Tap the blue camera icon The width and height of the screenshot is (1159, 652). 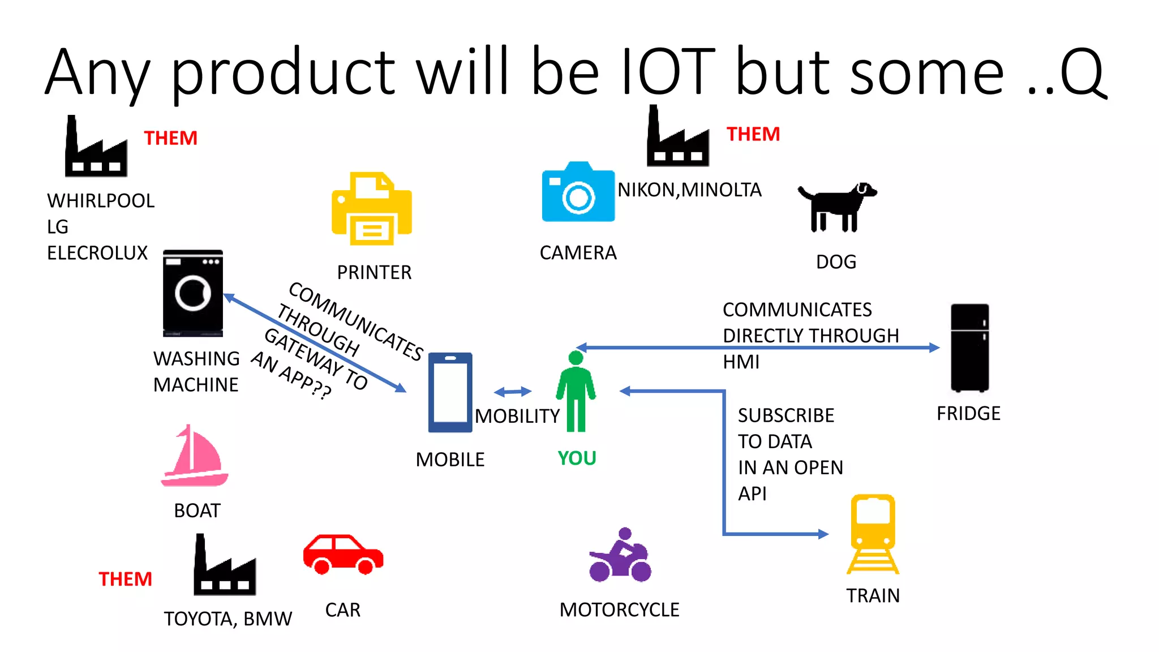coord(578,192)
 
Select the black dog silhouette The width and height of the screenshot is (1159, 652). coord(836,207)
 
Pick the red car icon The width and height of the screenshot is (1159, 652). coord(343,555)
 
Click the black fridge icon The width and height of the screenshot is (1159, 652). coord(969,348)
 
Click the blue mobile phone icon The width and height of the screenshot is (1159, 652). coord(450,392)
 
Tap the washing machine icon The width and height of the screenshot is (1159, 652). coord(193,293)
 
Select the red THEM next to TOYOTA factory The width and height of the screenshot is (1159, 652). coord(125,579)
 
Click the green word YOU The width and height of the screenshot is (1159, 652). coord(577,458)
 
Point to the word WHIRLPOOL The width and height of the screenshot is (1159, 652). coord(101,201)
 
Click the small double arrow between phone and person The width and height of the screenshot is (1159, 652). coord(512,392)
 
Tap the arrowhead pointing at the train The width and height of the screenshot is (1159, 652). coord(823,534)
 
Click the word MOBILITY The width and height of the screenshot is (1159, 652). coord(517,416)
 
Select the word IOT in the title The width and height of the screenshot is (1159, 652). coord(668,72)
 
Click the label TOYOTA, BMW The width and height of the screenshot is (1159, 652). coord(227,619)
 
